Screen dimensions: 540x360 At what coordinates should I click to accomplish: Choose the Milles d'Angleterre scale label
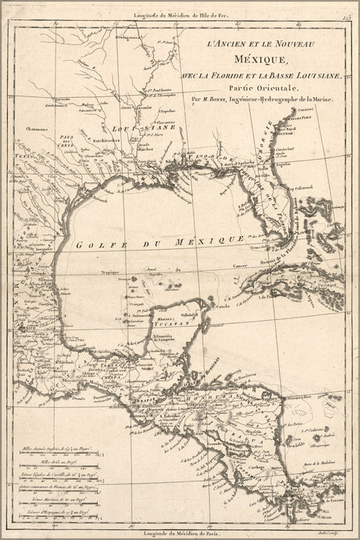point(54,447)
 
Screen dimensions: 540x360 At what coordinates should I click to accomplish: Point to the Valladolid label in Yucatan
point(189,315)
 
